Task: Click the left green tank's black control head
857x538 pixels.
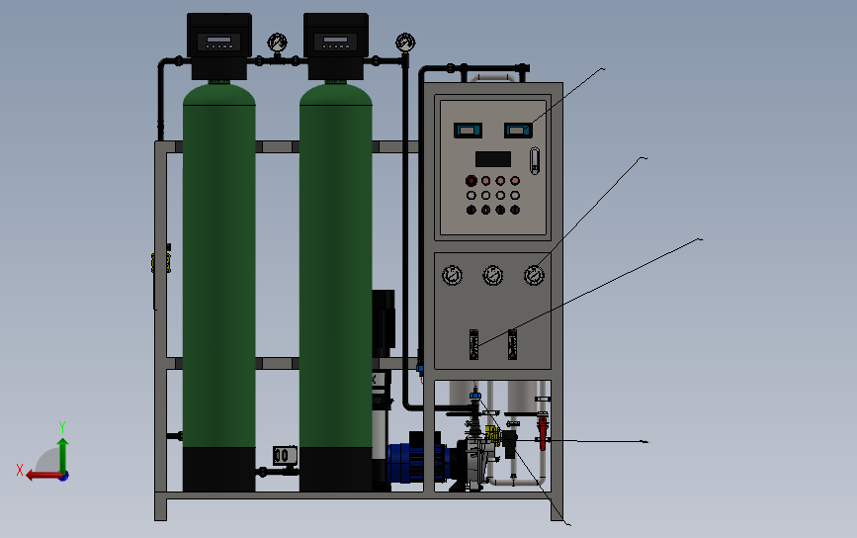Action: click(x=218, y=45)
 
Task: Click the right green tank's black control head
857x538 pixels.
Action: click(x=335, y=45)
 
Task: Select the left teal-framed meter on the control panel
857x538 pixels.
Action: click(x=466, y=129)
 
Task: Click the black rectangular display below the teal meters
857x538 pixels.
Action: click(x=492, y=158)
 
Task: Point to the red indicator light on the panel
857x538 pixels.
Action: click(x=471, y=180)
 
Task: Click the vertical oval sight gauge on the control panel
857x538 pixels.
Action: click(x=536, y=160)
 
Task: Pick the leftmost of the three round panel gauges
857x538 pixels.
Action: click(x=452, y=274)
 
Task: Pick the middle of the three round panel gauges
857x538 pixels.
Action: click(x=492, y=274)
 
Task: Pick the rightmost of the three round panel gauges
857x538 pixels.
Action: click(x=534, y=274)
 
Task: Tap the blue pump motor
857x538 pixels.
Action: click(x=414, y=461)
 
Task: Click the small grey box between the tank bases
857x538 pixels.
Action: click(x=283, y=455)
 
